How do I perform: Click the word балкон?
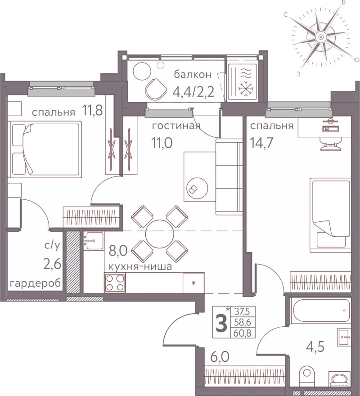tap(193, 75)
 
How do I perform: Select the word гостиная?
tap(176, 126)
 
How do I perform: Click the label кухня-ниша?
tap(140, 266)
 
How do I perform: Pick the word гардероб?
tap(35, 283)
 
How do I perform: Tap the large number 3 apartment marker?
tap(222, 323)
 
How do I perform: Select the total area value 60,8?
tap(243, 333)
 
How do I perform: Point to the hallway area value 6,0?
tap(220, 357)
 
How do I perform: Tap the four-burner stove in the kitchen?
tap(115, 283)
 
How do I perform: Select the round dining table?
tap(160, 234)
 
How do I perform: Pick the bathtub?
tap(320, 311)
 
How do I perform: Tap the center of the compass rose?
tap(321, 37)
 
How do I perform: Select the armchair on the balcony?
tap(156, 89)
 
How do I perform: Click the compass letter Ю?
tap(355, 60)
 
